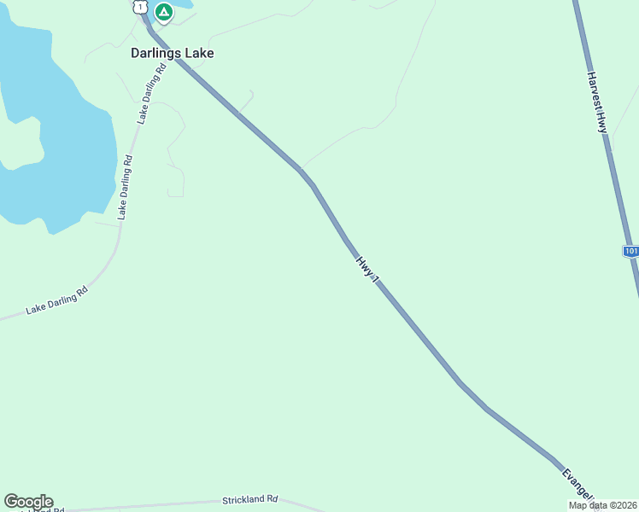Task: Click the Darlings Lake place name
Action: [x=172, y=53]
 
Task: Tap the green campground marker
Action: [x=164, y=12]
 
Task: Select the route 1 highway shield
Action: [x=139, y=7]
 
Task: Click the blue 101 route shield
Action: [x=630, y=251]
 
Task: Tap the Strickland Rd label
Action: [x=250, y=498]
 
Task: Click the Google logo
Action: [x=28, y=502]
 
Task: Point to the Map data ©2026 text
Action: [x=602, y=505]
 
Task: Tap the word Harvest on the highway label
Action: [x=594, y=90]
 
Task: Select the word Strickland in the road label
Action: [x=243, y=498]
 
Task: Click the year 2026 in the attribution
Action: [x=624, y=505]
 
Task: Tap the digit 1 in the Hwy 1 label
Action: [x=372, y=276]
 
